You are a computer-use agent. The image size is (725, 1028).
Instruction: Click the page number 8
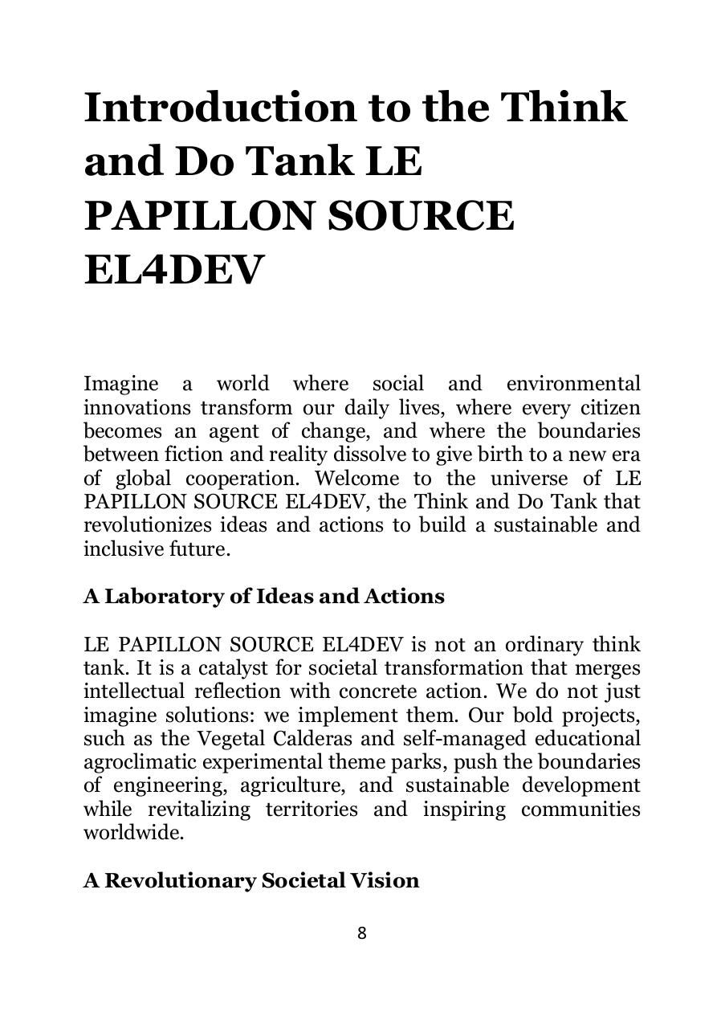point(362,933)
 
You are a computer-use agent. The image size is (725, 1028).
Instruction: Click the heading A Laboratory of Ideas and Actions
point(263,597)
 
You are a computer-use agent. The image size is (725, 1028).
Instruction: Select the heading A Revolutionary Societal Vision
point(251,881)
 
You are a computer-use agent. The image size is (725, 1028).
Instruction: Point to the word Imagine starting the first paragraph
point(121,384)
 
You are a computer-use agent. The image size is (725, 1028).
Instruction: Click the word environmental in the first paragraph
point(573,384)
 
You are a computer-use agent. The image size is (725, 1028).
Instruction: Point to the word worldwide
point(133,833)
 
